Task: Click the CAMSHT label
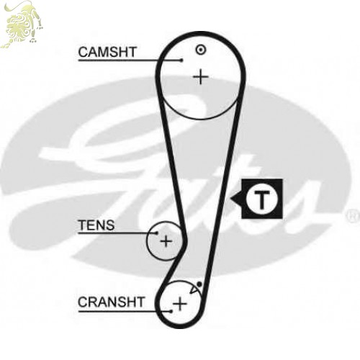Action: (x=107, y=52)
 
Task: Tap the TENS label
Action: (x=96, y=225)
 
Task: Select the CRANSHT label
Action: (x=111, y=302)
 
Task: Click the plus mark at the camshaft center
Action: (x=201, y=77)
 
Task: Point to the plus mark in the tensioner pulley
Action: (x=166, y=241)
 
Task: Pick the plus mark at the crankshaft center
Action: (x=180, y=304)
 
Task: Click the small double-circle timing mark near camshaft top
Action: (x=201, y=50)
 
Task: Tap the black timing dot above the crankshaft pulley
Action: (x=199, y=284)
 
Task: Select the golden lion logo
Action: (x=22, y=24)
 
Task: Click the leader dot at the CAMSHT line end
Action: (x=181, y=60)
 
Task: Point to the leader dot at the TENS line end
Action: (x=157, y=233)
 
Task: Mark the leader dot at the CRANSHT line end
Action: (x=171, y=311)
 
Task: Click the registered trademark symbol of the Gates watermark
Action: (x=353, y=216)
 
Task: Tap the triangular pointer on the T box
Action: (x=236, y=199)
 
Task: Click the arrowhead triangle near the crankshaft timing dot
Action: (x=194, y=290)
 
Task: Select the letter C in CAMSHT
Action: (x=84, y=52)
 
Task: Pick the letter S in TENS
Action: (x=110, y=225)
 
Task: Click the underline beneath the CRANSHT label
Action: (x=125, y=312)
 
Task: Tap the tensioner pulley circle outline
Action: (x=147, y=241)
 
